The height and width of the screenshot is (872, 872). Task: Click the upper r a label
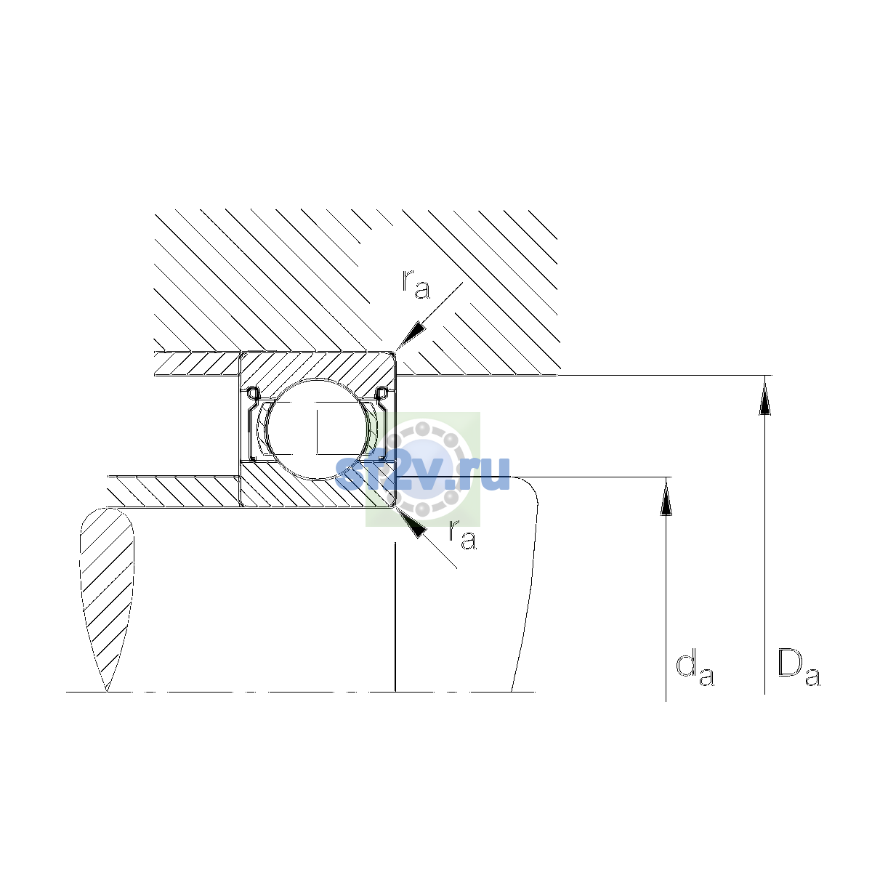(416, 285)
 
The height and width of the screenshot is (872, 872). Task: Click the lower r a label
(462, 535)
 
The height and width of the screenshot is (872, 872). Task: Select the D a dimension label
(798, 669)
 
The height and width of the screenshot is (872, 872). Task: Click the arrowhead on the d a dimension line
(666, 496)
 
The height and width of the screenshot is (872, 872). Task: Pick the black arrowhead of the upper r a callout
(411, 336)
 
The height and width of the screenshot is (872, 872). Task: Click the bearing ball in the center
(318, 429)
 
